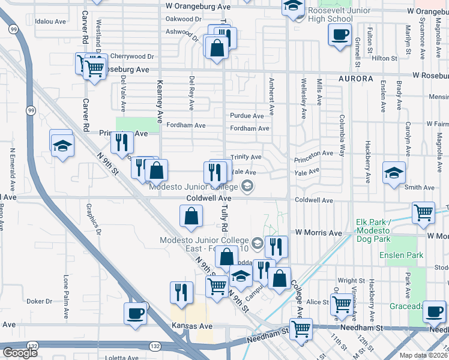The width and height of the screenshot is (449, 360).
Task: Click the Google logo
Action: (20, 353)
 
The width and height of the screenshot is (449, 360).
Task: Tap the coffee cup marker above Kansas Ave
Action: (135, 313)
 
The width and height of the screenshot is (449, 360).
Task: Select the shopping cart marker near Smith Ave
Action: (424, 212)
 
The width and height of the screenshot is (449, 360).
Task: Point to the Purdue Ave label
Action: (247, 116)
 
